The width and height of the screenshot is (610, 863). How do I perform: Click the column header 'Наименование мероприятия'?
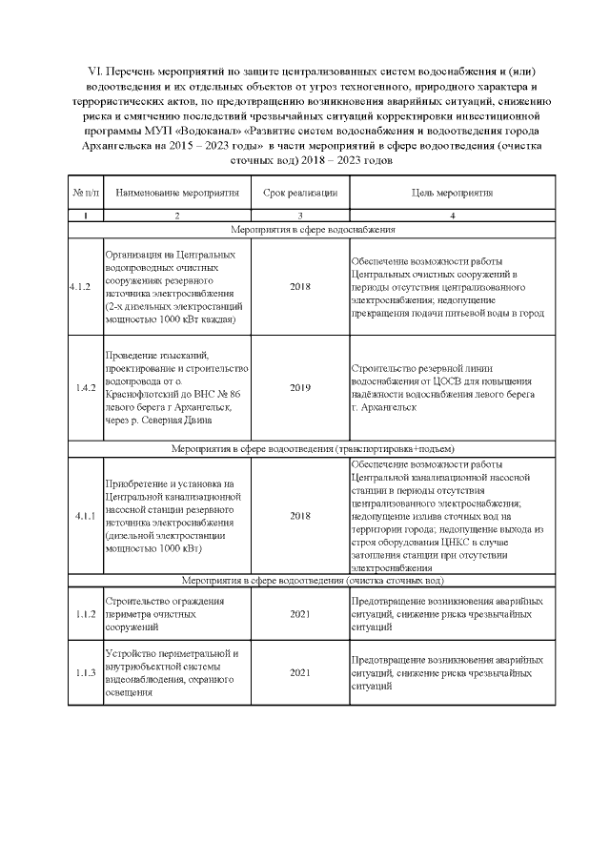176,194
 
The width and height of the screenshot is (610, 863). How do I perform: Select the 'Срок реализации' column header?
300,194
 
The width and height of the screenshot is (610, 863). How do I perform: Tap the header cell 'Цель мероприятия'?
452,194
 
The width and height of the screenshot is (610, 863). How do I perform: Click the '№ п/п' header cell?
85,194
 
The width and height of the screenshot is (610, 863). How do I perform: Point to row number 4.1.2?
84,287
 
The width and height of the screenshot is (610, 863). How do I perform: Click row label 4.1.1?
84,516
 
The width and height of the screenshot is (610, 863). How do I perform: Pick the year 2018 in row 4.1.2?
300,287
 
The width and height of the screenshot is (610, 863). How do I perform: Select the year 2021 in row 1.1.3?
300,673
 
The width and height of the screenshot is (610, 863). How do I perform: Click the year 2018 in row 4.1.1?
300,516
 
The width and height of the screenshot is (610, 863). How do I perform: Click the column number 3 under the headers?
300,216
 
